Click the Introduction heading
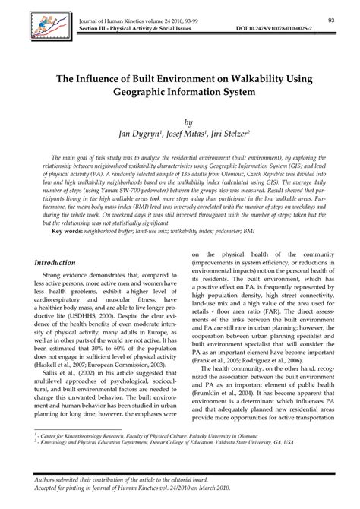(x=60, y=261)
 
